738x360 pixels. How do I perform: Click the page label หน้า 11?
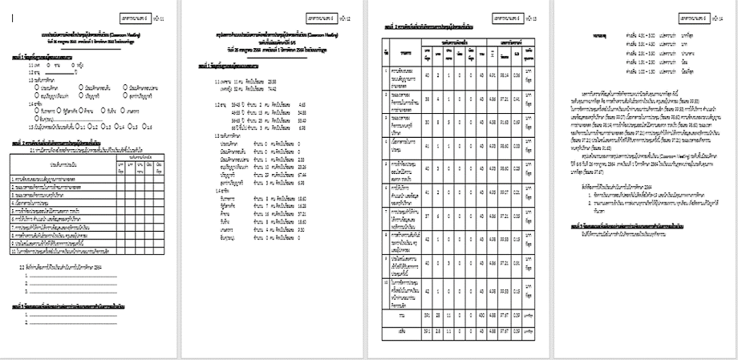point(161,16)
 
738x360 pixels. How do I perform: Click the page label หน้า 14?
point(712,16)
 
